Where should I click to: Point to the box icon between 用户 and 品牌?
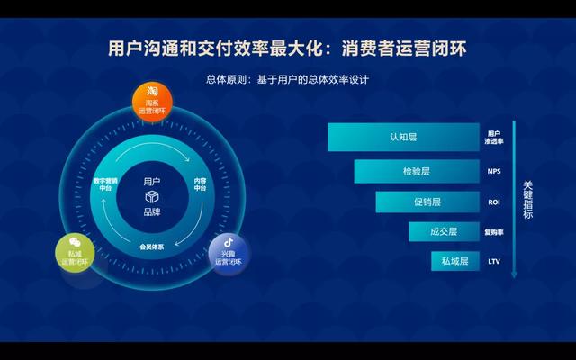[x=153, y=196]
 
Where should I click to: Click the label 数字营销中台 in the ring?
[x=105, y=184]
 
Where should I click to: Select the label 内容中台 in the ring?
[x=201, y=184]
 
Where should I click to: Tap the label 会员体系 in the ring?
[x=152, y=245]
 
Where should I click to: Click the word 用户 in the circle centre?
[x=153, y=181]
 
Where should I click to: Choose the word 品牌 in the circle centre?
[x=153, y=212]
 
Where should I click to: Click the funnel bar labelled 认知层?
[x=403, y=137]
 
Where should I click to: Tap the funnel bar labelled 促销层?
[x=427, y=202]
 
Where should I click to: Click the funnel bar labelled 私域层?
[x=454, y=261]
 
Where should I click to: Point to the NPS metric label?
[x=494, y=171]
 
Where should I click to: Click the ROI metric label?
[x=494, y=202]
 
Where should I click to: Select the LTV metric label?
[x=494, y=262]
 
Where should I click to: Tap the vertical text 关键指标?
[x=528, y=200]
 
